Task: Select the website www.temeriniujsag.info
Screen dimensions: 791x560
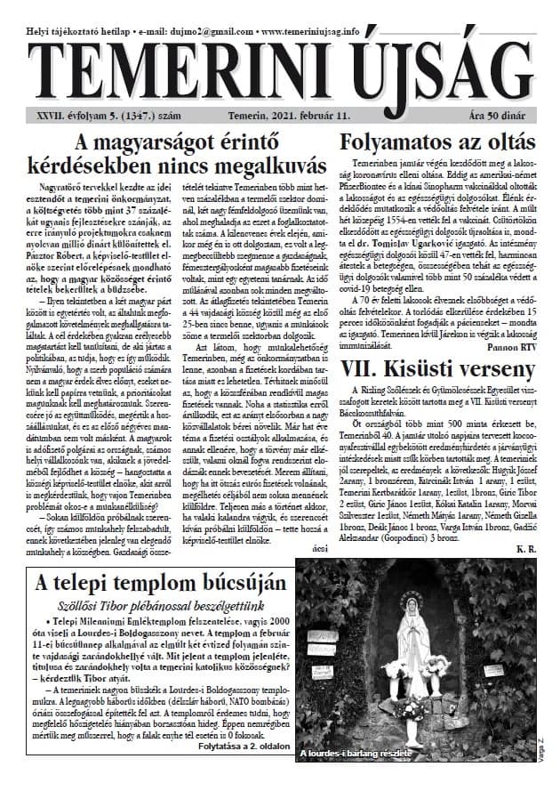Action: point(308,31)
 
